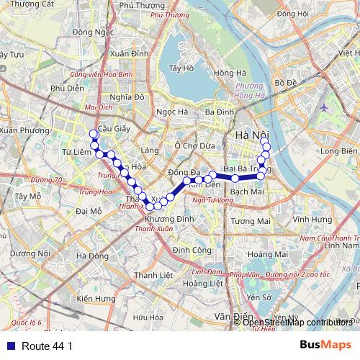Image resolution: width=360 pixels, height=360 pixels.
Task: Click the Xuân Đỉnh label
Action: [130, 53]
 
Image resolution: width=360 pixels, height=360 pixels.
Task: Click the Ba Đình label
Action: [220, 112]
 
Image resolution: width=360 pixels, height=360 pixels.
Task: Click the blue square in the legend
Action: [9, 346]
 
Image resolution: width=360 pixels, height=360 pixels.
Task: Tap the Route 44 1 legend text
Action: [47, 346]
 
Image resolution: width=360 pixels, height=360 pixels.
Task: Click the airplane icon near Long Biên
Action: [323, 107]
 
